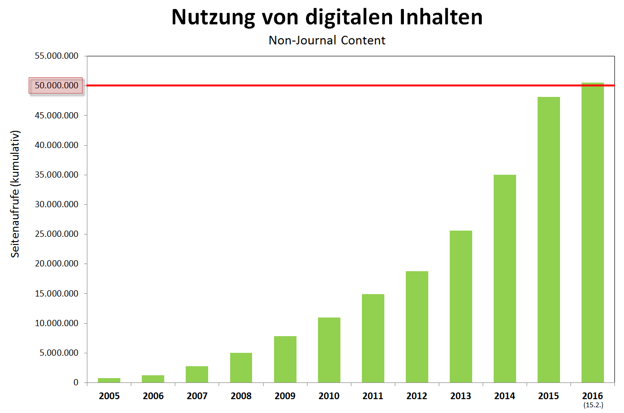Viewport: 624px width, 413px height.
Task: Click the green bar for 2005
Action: coord(109,380)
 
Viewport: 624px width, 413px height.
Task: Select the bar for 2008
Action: coord(241,368)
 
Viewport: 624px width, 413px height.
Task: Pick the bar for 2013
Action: coord(461,307)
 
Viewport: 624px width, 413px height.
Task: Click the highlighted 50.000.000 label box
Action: coord(56,86)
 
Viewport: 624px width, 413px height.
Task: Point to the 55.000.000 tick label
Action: coord(56,56)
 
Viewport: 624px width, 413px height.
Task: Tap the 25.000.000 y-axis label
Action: coord(56,234)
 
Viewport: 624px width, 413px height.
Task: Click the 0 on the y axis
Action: coord(75,382)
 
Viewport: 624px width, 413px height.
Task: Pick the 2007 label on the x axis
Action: coord(197,396)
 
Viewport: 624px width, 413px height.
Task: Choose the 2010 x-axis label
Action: coord(329,396)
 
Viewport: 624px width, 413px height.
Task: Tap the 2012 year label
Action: coord(417,396)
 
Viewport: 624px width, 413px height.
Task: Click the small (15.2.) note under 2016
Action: coord(592,405)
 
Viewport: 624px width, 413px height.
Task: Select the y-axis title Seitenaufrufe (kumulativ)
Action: coord(16,193)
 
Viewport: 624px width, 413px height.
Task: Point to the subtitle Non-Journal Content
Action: coord(327,40)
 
